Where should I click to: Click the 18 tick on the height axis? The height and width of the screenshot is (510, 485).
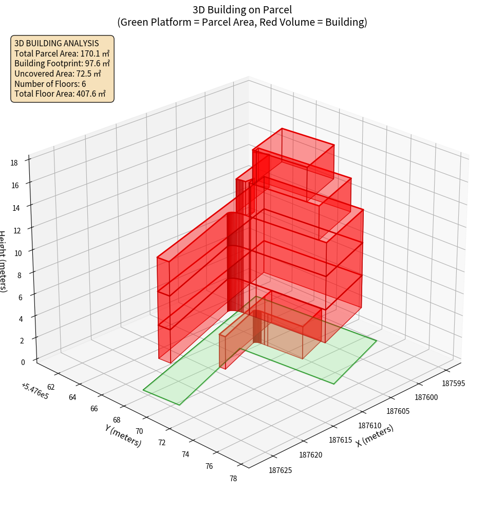[x=14, y=162]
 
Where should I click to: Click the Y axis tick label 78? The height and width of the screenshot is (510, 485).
[x=233, y=479]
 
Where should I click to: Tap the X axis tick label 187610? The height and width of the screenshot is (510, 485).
[x=370, y=426]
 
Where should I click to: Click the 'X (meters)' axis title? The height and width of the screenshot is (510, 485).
[x=375, y=436]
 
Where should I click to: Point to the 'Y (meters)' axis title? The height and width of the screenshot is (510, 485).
[x=123, y=435]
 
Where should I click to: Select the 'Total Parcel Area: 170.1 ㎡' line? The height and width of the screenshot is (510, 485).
[x=62, y=53]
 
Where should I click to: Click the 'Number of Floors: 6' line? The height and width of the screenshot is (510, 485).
[x=50, y=84]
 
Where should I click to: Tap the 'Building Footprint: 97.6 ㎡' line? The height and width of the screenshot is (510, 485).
[x=62, y=64]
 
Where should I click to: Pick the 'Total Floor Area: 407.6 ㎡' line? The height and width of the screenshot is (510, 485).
[x=60, y=94]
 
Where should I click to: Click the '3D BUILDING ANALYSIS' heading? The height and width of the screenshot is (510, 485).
[x=57, y=43]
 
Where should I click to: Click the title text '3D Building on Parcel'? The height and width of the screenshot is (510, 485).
[x=242, y=9]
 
